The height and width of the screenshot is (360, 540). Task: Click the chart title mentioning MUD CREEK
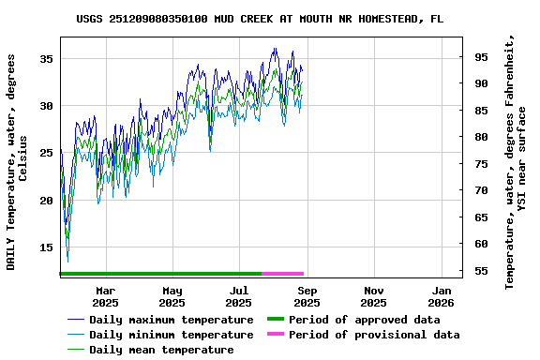click(x=260, y=18)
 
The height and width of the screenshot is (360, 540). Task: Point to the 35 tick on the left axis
click(x=46, y=58)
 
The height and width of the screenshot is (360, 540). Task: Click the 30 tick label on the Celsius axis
click(x=46, y=106)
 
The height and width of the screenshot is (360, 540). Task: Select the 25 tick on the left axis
click(x=46, y=153)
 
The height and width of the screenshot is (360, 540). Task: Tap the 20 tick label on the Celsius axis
click(x=46, y=201)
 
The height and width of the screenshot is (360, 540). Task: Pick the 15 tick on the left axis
click(x=46, y=247)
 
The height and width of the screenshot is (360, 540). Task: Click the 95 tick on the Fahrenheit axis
click(x=481, y=57)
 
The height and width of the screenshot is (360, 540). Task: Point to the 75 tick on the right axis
click(x=481, y=164)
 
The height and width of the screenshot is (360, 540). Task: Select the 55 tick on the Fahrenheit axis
click(x=481, y=271)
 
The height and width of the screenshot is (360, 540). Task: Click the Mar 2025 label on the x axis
click(x=105, y=296)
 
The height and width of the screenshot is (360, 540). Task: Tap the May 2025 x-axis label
click(x=172, y=296)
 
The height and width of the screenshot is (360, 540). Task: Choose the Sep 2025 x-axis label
click(x=307, y=296)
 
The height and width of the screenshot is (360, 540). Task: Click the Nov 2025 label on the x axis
click(x=373, y=296)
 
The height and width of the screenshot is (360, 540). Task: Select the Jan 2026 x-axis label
click(x=441, y=296)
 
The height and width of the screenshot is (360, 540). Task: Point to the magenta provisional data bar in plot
click(x=282, y=273)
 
